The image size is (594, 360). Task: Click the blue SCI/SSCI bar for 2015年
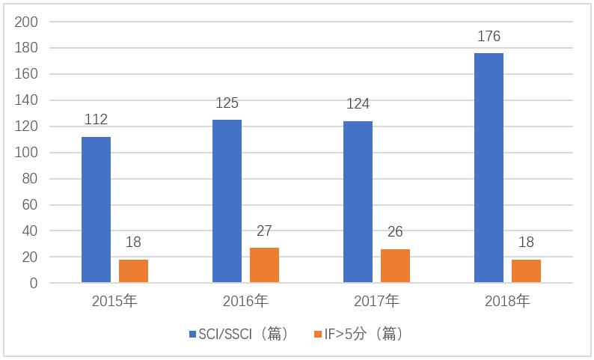tap(96, 210)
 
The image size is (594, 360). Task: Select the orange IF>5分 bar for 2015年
tap(133, 271)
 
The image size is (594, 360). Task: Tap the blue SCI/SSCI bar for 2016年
tap(227, 201)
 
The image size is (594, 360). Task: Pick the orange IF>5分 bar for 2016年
tap(264, 265)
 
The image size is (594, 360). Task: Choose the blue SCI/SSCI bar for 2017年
tap(358, 202)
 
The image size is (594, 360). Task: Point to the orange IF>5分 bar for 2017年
tap(395, 266)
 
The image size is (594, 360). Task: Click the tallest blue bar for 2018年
tap(489, 168)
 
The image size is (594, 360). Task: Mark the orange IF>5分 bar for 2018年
tap(526, 271)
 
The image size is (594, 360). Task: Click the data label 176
tap(489, 36)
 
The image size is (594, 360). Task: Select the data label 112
tap(96, 120)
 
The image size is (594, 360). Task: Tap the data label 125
tap(227, 103)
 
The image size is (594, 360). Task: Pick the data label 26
tap(395, 232)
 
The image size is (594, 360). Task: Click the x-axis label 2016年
tap(245, 302)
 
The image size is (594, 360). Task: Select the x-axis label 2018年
tap(507, 302)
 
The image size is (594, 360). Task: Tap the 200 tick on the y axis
tap(26, 22)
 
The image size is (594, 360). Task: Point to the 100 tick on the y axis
tap(26, 153)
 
